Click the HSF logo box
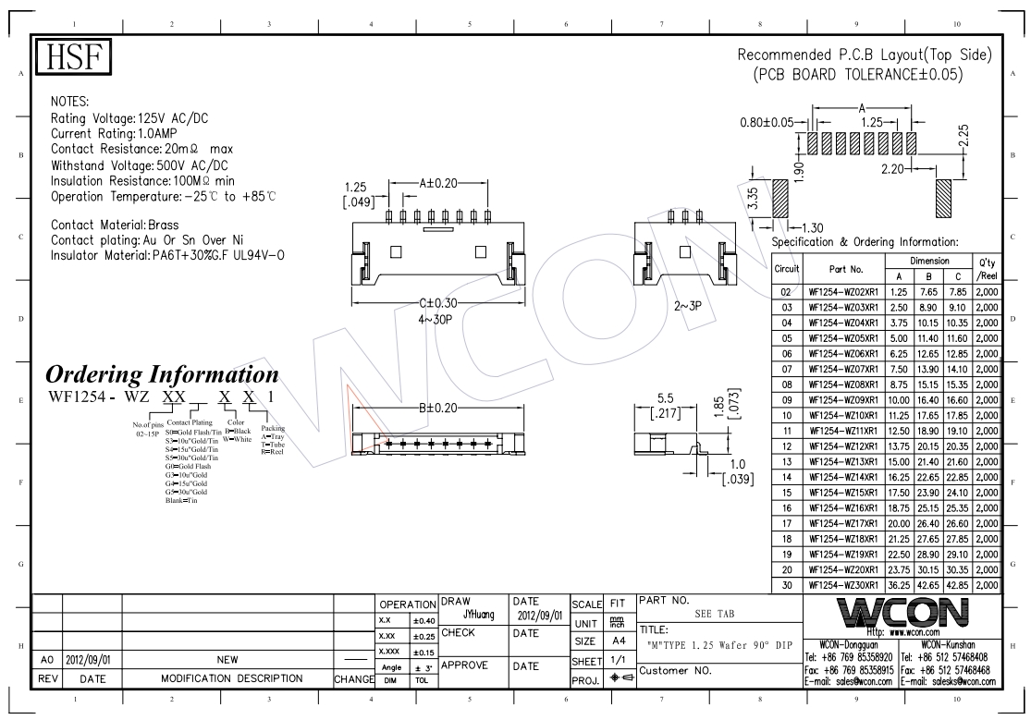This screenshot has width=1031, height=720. (x=73, y=59)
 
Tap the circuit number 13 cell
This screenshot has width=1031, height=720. (x=786, y=460)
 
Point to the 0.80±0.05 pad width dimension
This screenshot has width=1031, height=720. (x=768, y=121)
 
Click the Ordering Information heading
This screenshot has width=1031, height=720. (x=162, y=375)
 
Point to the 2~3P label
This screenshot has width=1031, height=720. (x=689, y=304)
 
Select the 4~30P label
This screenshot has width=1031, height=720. (x=436, y=320)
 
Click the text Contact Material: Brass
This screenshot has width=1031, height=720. (x=115, y=225)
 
